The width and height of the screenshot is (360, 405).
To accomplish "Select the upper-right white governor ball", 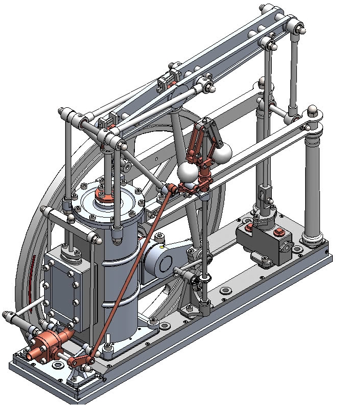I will [222, 151].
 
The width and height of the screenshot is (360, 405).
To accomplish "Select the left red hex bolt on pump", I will [249, 226].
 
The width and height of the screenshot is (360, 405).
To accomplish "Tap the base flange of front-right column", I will [313, 238].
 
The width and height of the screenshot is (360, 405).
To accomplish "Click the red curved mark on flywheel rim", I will [34, 277].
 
